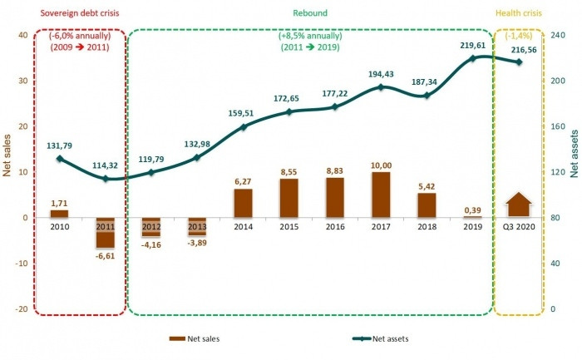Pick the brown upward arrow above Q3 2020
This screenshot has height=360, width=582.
pyautogui.click(x=519, y=205)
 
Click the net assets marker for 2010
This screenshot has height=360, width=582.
pyautogui.click(x=60, y=159)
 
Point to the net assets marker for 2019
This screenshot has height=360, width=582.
pyautogui.click(x=472, y=58)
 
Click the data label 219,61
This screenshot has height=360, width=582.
pyautogui.click(x=472, y=45)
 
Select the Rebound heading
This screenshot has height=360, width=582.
pyautogui.click(x=309, y=13)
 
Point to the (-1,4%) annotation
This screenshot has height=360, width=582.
pyautogui.click(x=518, y=37)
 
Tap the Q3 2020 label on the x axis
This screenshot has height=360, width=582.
pyautogui.click(x=519, y=226)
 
